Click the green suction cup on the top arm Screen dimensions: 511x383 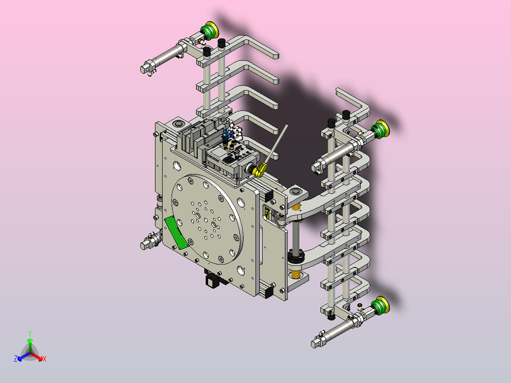coord(210,30)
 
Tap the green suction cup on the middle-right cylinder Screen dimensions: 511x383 coord(381,129)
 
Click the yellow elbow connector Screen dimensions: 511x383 coord(259,170)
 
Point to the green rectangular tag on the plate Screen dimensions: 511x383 coord(176,232)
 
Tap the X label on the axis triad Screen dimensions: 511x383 coord(45,359)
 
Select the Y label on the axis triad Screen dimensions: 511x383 coord(30,333)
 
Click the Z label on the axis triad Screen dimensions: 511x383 coord(16,358)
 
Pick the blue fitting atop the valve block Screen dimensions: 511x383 coord(225,135)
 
